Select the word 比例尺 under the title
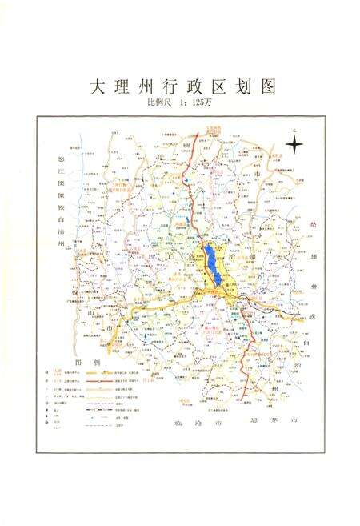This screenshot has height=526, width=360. (x=159, y=102)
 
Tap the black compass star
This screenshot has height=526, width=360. (x=295, y=145)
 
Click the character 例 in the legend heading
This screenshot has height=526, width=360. (x=98, y=363)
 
